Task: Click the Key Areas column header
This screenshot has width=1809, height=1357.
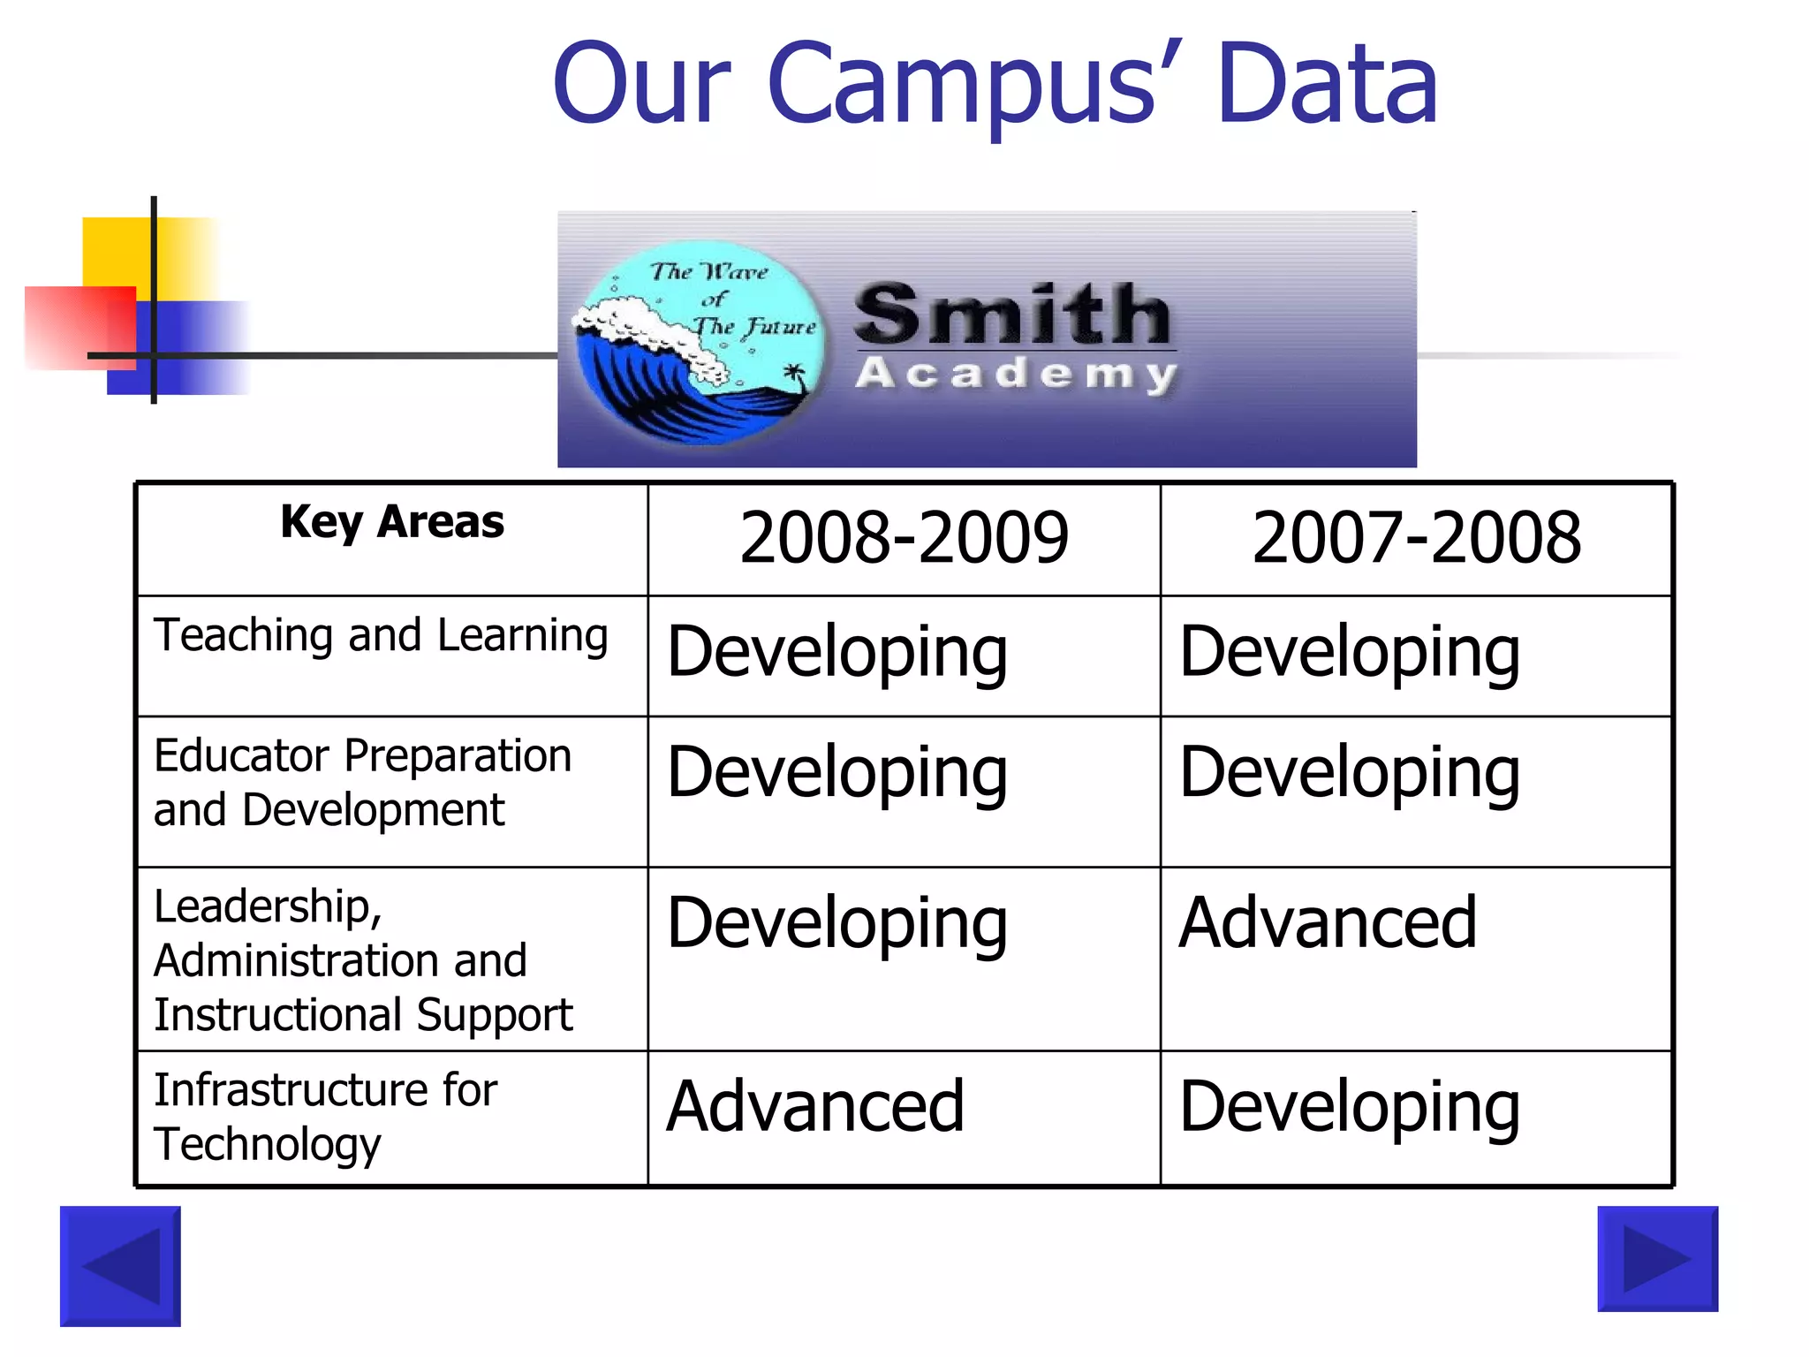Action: tap(392, 522)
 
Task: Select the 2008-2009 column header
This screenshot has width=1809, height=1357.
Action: tap(904, 537)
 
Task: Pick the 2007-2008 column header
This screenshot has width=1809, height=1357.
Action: tap(1416, 537)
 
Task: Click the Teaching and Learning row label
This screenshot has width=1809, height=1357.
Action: tap(381, 636)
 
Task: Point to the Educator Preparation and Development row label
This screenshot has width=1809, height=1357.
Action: tap(362, 783)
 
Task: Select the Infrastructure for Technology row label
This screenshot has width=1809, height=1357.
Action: tap(325, 1117)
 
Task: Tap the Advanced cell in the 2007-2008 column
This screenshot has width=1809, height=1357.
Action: tap(1327, 923)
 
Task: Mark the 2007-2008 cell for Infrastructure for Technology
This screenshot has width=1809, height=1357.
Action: tap(1349, 1108)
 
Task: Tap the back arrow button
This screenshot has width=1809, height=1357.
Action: tap(120, 1266)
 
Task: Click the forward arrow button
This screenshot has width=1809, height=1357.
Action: tap(1657, 1258)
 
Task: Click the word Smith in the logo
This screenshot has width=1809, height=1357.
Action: tap(1012, 315)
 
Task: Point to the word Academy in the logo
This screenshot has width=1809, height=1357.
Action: tap(1016, 374)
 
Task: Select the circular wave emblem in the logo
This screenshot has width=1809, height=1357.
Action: tap(698, 342)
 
